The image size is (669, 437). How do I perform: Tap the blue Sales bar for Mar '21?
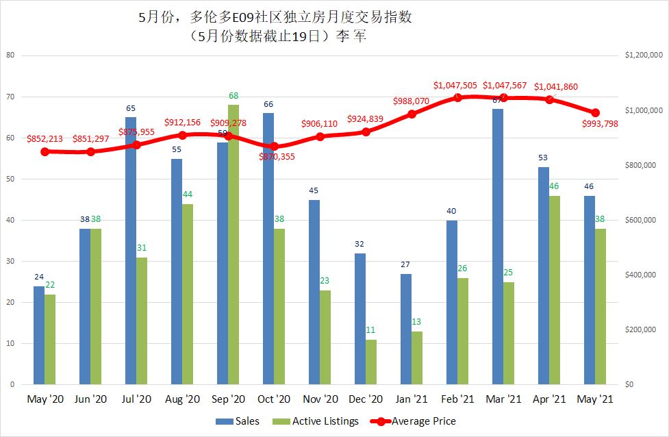pos(498,247)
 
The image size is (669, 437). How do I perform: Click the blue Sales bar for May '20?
pos(39,335)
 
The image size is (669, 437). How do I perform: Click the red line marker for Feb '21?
pos(457,97)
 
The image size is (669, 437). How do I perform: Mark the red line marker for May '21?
pos(595,112)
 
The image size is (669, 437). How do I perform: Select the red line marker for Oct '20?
pos(274,146)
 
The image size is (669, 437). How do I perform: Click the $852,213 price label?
pos(45,139)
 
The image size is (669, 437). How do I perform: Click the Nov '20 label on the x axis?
pos(320,399)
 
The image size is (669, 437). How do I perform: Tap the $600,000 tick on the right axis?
pos(642,220)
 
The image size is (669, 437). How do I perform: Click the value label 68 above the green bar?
pos(233,95)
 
